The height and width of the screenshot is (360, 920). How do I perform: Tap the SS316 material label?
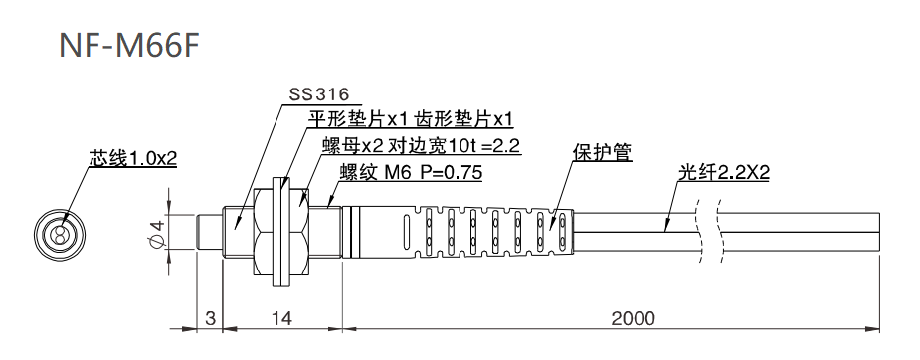tap(318, 95)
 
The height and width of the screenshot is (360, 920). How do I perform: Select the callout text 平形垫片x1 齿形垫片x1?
tap(409, 120)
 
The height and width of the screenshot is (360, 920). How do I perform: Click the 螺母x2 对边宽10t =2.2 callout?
tap(421, 146)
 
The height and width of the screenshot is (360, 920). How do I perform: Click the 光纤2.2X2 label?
tap(725, 172)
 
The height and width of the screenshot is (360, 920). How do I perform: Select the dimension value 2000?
tap(634, 318)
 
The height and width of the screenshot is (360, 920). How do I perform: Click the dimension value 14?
tap(281, 318)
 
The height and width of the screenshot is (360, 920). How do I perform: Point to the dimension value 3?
tap(209, 318)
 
